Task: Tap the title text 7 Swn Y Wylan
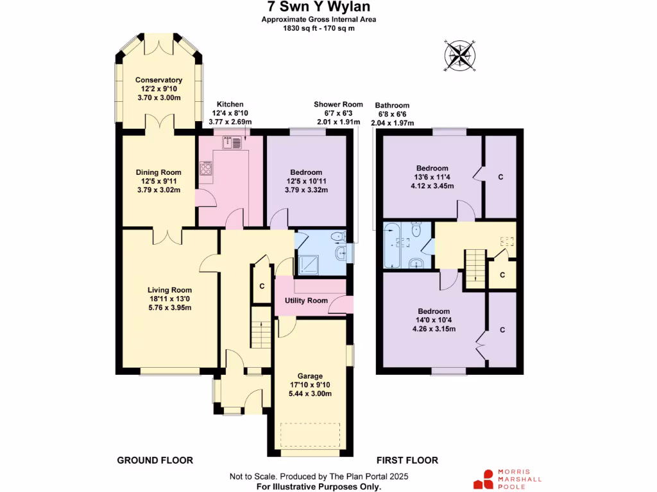318,7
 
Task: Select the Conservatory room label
158,80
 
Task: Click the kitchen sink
236,143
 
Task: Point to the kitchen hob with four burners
207,170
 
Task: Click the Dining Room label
158,172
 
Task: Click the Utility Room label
302,300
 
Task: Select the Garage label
310,376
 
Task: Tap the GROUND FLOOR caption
155,461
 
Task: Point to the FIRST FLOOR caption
407,461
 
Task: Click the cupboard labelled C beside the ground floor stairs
261,286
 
